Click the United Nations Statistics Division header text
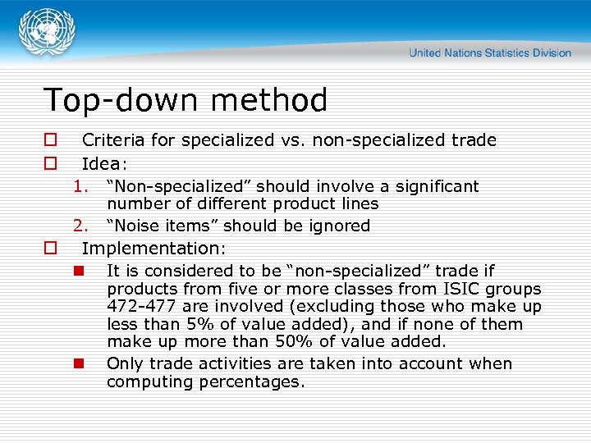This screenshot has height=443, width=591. (x=490, y=53)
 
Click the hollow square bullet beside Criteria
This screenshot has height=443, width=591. (x=50, y=140)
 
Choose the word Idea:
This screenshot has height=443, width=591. (x=105, y=164)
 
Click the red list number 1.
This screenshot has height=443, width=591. (x=80, y=186)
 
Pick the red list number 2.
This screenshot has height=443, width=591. (x=80, y=226)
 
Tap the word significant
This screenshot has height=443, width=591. (x=436, y=186)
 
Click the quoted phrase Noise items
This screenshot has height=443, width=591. (x=161, y=226)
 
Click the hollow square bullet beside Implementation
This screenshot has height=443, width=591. (x=50, y=248)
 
